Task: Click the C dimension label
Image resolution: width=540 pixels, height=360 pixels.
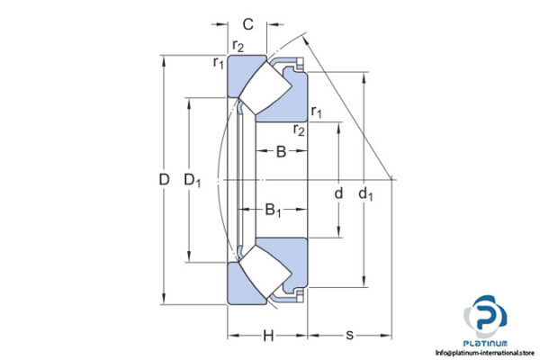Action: [x=247, y=24]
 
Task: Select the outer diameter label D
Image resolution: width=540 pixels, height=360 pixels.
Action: [x=164, y=180]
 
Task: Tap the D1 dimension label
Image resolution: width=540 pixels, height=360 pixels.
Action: [x=193, y=180]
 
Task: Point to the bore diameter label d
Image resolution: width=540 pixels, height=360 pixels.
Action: [x=338, y=193]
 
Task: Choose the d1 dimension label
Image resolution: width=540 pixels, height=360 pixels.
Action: [x=365, y=193]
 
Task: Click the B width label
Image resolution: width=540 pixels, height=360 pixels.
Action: [x=280, y=152]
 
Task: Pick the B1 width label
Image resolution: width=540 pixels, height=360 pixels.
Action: [x=274, y=211]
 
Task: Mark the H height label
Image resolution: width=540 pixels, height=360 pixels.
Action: [x=267, y=337]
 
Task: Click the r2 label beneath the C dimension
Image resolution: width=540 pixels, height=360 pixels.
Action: [x=238, y=46]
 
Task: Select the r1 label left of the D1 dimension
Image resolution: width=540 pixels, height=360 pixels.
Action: [x=219, y=62]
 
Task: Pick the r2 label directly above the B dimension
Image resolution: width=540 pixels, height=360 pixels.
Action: [x=299, y=130]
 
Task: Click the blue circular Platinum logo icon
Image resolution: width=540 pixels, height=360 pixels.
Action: [x=485, y=318]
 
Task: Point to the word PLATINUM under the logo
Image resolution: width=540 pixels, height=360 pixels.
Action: [x=486, y=344]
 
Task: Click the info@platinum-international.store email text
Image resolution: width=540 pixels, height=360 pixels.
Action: [x=485, y=354]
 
